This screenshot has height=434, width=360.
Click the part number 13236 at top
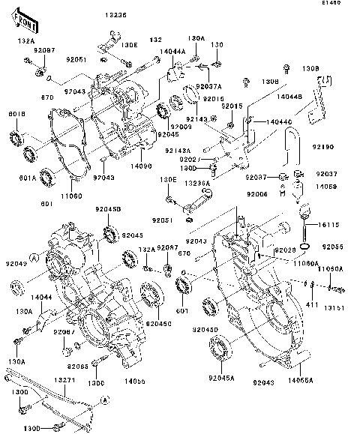(x=116, y=15)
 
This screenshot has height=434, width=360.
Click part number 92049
(x=18, y=263)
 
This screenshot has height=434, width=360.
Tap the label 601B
(x=16, y=114)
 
